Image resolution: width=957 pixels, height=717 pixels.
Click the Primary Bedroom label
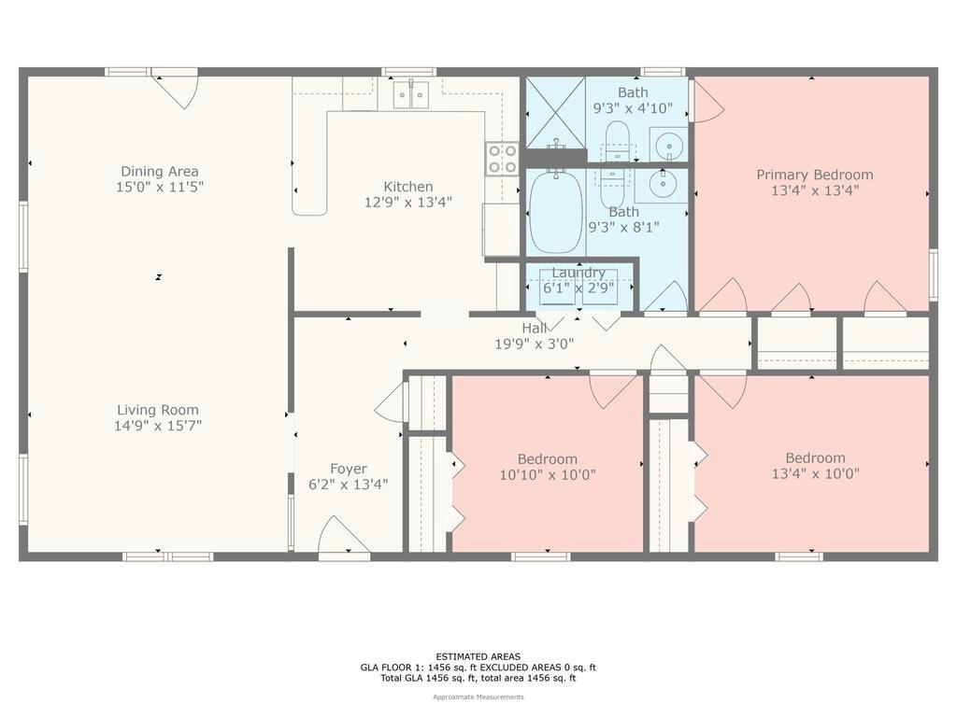[815, 175]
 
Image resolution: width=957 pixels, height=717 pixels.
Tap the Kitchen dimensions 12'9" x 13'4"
[408, 203]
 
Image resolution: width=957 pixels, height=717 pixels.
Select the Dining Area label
[159, 172]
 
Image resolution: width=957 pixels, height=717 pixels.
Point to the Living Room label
[158, 411]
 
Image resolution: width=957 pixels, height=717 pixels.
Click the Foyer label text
[349, 469]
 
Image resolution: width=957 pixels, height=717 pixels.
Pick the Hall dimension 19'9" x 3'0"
[534, 344]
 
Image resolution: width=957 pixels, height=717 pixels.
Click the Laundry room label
[578, 273]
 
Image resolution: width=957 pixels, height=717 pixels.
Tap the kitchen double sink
[411, 94]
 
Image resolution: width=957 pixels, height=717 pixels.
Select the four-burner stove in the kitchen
[502, 159]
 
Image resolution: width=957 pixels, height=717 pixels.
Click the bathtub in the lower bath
[555, 212]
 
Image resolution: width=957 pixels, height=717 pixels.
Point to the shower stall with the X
[555, 112]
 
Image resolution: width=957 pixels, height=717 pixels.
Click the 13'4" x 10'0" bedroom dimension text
[815, 473]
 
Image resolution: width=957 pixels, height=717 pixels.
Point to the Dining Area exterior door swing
[176, 90]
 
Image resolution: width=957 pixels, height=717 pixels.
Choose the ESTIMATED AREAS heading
[478, 656]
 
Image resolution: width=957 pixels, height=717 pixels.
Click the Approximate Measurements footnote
[478, 696]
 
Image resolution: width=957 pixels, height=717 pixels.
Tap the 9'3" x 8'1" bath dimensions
[623, 228]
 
